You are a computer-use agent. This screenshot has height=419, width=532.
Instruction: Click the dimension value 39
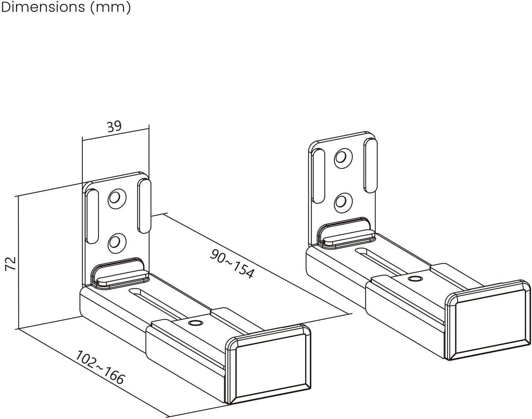(114, 126)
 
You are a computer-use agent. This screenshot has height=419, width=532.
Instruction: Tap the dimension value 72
(11, 263)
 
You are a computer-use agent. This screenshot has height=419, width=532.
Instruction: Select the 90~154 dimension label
(232, 263)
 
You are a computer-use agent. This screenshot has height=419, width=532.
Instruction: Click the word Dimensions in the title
(43, 7)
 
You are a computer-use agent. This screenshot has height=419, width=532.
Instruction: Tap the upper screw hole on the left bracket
(117, 198)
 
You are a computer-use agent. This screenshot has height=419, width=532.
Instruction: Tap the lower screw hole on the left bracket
(117, 243)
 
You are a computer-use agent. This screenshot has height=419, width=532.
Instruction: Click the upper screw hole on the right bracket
(343, 158)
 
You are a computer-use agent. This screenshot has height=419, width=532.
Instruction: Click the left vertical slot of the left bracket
(92, 216)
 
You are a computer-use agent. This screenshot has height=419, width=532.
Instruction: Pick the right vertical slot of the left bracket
(144, 206)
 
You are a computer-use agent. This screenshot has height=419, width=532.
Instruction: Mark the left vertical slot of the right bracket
(318, 176)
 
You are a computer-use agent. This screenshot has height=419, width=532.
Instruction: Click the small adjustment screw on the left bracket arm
(195, 323)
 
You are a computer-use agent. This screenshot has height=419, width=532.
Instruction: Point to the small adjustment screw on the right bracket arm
(415, 278)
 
